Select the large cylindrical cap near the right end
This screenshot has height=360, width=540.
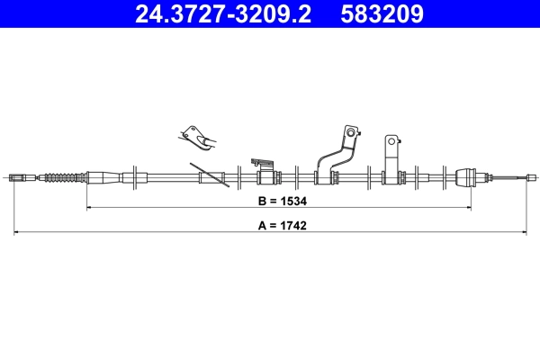click(x=467, y=176)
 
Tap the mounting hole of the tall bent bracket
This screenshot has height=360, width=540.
click(x=347, y=134)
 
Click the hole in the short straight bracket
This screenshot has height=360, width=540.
click(x=392, y=141)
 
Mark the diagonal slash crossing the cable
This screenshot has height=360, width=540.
click(x=209, y=175)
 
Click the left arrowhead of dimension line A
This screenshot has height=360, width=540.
click(x=18, y=233)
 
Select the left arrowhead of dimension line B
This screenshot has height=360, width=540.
click(x=89, y=208)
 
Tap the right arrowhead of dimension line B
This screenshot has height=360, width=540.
click(x=469, y=208)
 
